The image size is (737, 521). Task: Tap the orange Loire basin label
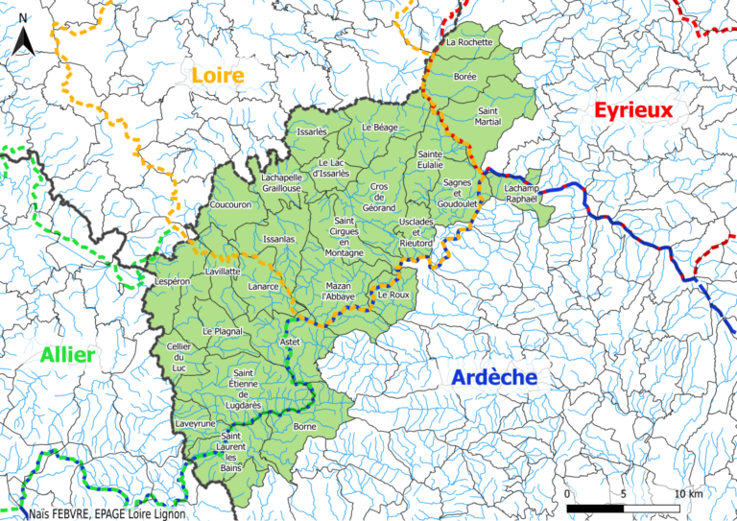218,75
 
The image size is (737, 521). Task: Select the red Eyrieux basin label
633,111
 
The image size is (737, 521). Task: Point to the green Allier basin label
67,356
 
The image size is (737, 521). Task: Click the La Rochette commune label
469,42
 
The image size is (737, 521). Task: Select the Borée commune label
465,75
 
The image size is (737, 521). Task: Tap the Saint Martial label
489,116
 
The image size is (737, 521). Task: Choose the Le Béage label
379,127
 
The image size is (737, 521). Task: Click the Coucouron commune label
229,204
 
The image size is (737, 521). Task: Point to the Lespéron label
174,282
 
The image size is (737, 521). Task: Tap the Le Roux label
393,296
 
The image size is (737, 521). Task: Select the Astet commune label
289,342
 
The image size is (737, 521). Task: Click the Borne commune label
305,425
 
